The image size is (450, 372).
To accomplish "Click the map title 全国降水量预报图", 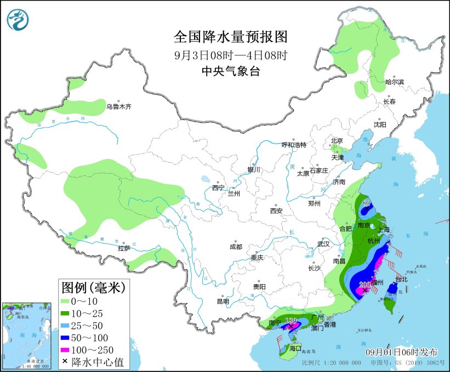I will click(x=231, y=37).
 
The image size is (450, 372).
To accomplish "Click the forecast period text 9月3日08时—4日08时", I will click(x=231, y=55).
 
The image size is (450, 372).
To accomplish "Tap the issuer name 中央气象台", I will click(x=231, y=71).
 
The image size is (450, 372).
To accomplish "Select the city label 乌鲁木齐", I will click(x=119, y=107).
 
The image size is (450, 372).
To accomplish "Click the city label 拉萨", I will click(x=124, y=248).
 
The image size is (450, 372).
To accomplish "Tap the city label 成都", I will click(x=236, y=247).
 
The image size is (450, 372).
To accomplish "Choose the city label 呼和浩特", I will click(x=294, y=145).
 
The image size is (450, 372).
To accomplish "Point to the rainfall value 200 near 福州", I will click(x=364, y=284).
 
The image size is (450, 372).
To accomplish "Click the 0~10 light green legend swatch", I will click(x=67, y=301).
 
